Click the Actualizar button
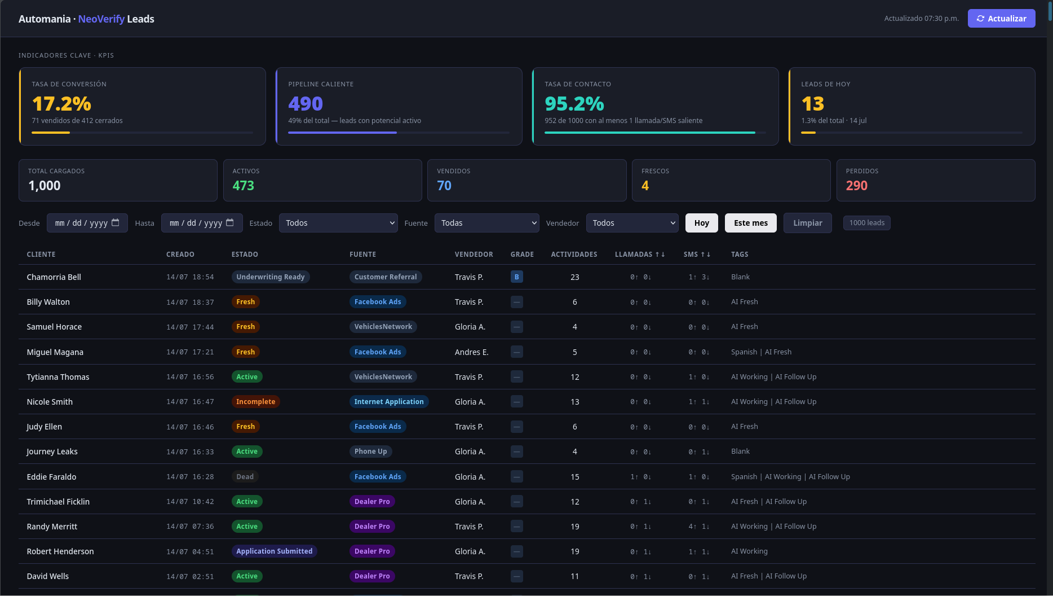[1001, 19]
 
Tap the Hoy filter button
[702, 223]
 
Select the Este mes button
[751, 223]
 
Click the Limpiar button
[808, 223]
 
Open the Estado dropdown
[338, 223]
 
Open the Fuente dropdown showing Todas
[487, 223]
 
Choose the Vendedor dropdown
[632, 223]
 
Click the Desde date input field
[87, 223]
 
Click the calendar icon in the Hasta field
[230, 222]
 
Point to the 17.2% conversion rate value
[61, 104]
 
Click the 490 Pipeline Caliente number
[306, 104]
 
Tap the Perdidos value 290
[857, 186]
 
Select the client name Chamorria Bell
[54, 277]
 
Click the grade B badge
[517, 277]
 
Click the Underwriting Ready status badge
[271, 277]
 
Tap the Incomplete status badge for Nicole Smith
[256, 402]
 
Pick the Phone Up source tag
[371, 452]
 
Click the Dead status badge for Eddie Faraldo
[245, 477]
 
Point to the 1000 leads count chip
[867, 223]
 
